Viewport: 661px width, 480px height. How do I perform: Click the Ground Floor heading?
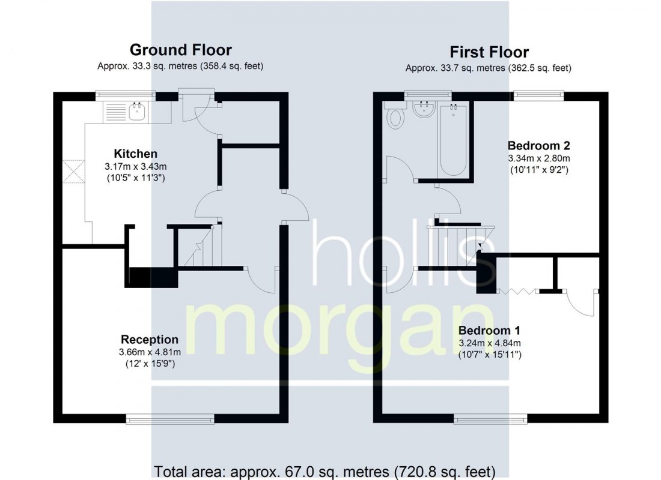point(181,50)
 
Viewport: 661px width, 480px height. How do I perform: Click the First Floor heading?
point(489,52)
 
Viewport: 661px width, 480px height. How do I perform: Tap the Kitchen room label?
point(136,154)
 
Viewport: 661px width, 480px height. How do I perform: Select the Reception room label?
point(150,340)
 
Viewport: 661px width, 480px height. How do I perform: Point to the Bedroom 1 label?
point(489,331)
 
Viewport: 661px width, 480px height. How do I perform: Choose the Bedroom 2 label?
point(539,146)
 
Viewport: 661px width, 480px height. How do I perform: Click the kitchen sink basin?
point(137,112)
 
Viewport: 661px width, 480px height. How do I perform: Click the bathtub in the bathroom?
point(452,140)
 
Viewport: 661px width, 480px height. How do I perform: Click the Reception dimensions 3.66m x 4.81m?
point(150,352)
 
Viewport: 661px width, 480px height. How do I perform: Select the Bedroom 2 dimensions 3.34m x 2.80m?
point(539,158)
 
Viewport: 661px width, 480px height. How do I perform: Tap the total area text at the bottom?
point(324,471)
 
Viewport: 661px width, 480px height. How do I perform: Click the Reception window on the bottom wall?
point(170,419)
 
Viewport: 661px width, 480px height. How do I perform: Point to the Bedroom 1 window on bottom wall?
point(491,419)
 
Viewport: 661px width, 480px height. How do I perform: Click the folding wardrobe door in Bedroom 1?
point(517,290)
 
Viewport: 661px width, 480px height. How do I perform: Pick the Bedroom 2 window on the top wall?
point(539,96)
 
